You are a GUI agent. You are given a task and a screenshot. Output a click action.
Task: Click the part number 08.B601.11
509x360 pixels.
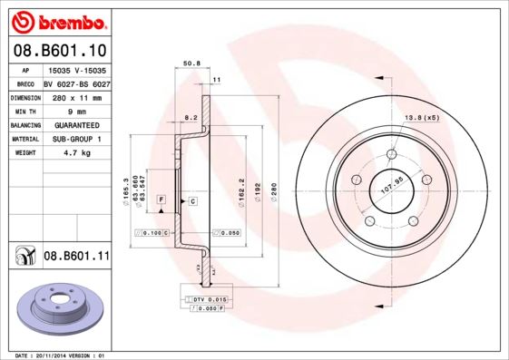(x=76, y=257)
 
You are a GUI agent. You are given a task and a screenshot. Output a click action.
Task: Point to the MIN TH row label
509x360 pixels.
(x=24, y=112)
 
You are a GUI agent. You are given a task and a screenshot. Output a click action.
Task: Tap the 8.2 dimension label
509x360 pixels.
(x=191, y=118)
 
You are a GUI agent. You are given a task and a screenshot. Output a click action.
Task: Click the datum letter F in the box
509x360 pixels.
(x=161, y=199)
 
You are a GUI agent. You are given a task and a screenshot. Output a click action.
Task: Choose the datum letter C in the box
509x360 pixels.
(x=192, y=199)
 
